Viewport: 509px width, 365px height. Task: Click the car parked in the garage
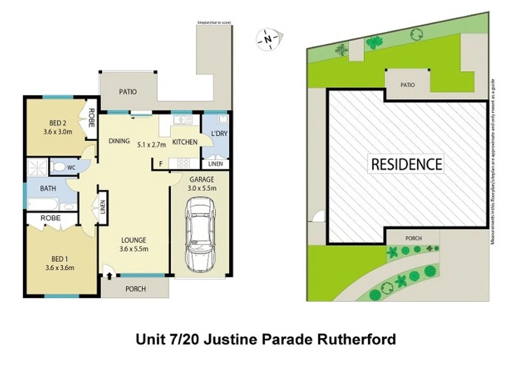(x=200, y=235)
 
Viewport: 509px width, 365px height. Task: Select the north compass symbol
(x=268, y=39)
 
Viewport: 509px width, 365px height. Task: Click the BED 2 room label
(x=57, y=123)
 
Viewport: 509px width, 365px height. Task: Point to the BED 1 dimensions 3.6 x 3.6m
(x=60, y=268)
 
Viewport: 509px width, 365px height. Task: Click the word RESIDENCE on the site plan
(x=406, y=164)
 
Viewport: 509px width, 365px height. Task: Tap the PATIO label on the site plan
(x=407, y=85)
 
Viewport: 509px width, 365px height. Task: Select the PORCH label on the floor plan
(x=135, y=289)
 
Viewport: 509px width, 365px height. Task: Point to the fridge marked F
(x=161, y=164)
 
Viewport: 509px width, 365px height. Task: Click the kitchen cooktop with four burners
(x=183, y=164)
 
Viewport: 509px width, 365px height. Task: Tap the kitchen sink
(x=182, y=120)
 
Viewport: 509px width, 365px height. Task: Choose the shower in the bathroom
(x=37, y=167)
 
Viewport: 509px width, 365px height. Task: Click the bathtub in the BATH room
(x=43, y=204)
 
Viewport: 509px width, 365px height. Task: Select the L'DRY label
(x=219, y=133)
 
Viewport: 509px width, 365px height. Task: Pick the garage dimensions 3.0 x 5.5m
(x=202, y=188)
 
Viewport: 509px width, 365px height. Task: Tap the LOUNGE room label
(x=134, y=240)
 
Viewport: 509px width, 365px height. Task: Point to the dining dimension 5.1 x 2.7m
(x=152, y=145)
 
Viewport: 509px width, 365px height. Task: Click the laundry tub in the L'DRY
(x=222, y=119)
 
